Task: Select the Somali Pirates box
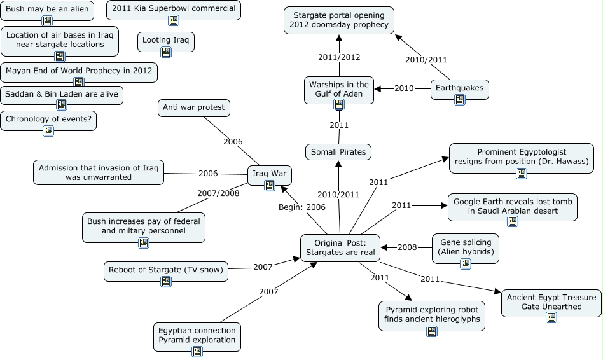pos(338,152)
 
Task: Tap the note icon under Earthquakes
pos(460,100)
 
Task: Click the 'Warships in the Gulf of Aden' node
pos(339,89)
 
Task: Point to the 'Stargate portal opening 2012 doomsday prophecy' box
pos(338,20)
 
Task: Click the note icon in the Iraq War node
pos(270,185)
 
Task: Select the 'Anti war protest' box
pos(193,107)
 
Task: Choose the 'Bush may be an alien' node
pos(47,10)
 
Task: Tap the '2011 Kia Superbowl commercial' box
pos(173,8)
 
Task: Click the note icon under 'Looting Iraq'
pos(166,52)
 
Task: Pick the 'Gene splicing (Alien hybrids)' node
pos(466,247)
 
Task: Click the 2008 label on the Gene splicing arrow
pos(407,247)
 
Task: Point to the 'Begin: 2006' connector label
pos(302,207)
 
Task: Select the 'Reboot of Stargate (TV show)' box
pos(166,270)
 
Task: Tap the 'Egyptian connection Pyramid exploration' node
pos(197,335)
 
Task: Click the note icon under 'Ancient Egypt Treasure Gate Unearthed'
pos(551,317)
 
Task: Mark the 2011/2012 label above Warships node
pos(339,57)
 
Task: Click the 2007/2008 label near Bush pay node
pos(218,193)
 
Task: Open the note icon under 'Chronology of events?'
pos(48,131)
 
